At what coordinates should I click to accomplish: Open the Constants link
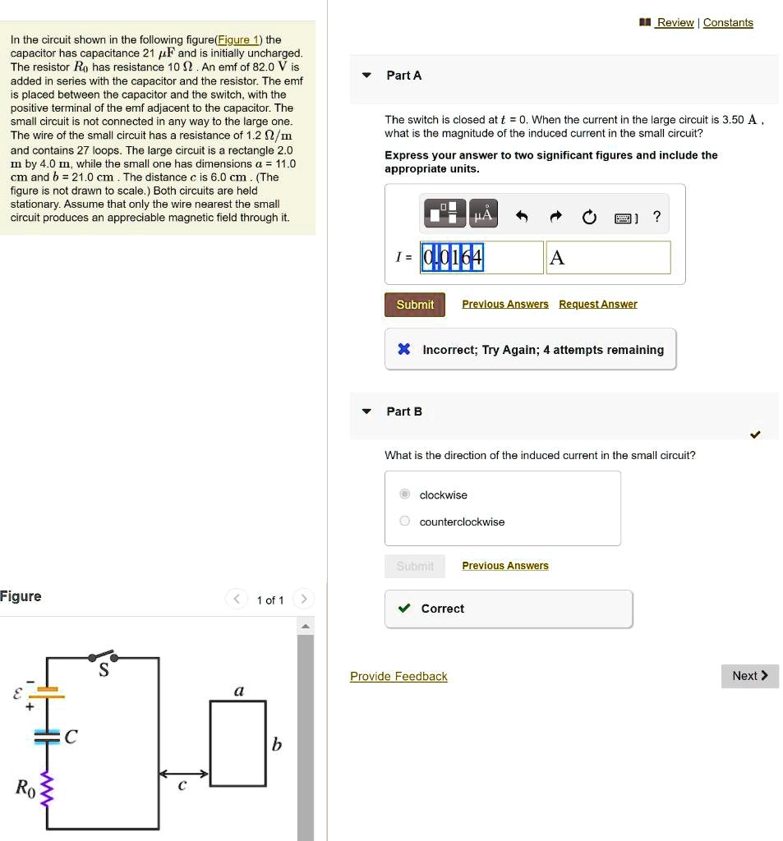(x=728, y=22)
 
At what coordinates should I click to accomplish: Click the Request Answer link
(x=597, y=304)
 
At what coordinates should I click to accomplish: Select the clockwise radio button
(x=404, y=494)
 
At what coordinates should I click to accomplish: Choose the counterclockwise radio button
(x=404, y=522)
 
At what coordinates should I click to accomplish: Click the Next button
(x=749, y=676)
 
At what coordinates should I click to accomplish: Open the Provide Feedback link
(x=398, y=676)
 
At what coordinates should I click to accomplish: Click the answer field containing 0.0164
(x=481, y=258)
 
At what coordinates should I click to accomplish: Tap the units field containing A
(x=608, y=258)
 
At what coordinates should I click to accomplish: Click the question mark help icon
(x=656, y=217)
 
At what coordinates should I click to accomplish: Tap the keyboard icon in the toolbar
(x=624, y=218)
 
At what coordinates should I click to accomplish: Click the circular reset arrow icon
(x=588, y=217)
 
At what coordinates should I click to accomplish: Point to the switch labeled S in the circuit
(x=104, y=656)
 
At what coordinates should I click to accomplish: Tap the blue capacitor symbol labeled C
(x=47, y=737)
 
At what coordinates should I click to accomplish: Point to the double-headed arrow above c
(x=184, y=774)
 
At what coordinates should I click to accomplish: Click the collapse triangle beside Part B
(x=367, y=411)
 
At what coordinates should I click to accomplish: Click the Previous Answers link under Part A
(x=504, y=304)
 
